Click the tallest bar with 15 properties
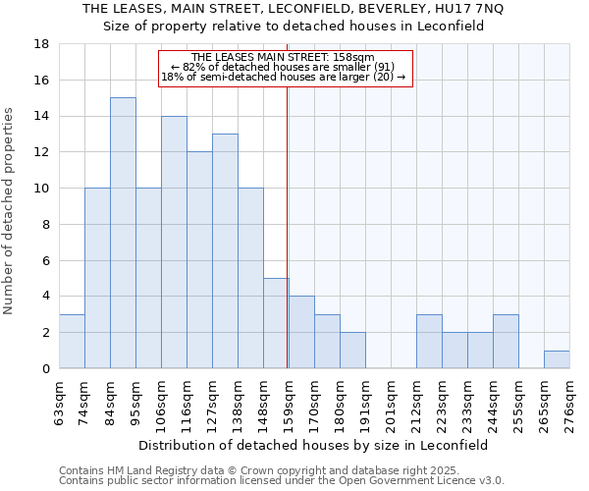[123, 233]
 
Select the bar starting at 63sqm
[72, 341]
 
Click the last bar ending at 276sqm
[557, 359]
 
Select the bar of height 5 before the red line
[276, 323]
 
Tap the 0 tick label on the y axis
[45, 369]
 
